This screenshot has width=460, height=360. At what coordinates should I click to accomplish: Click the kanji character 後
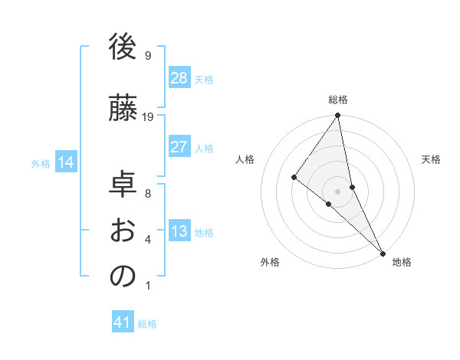123,47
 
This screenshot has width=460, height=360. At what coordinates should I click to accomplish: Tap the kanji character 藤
123,108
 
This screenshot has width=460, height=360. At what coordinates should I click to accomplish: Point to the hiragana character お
123,231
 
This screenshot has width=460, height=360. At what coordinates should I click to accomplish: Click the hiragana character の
123,277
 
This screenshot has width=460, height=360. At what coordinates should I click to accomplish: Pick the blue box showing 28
179,79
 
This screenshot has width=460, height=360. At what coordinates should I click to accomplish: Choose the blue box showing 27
179,148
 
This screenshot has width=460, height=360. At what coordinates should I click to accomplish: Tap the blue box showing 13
179,232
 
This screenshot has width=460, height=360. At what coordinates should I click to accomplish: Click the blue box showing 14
66,162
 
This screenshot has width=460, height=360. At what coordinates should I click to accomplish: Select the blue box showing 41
123,322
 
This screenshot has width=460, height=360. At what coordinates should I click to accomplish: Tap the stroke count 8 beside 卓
148,193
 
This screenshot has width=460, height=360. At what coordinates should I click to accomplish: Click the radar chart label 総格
338,100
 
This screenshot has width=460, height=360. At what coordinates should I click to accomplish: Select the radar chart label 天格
431,159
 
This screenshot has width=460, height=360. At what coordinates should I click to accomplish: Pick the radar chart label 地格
402,262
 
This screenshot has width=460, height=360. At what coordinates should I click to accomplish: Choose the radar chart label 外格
270,262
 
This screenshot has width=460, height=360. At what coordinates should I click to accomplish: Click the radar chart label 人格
245,159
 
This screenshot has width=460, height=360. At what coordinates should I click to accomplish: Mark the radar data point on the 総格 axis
337,116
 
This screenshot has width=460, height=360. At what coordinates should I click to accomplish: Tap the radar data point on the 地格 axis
382,252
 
